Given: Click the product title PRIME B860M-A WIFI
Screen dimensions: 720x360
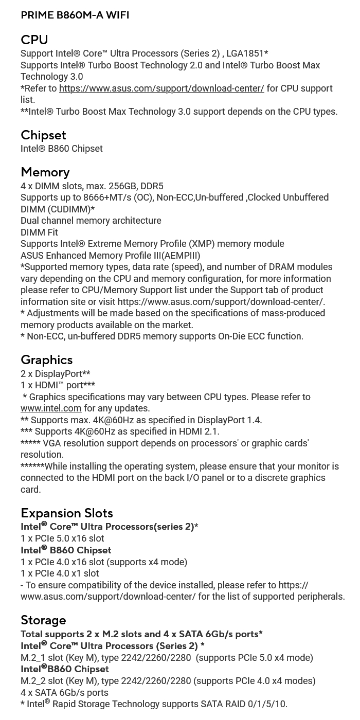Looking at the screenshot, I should click(x=75, y=15).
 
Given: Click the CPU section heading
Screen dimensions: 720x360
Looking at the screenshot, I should click(x=34, y=40).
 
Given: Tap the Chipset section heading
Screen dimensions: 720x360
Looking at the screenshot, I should click(x=43, y=135).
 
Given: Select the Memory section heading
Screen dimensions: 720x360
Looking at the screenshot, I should click(x=45, y=172).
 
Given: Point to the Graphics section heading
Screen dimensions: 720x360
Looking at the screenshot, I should click(x=46, y=359).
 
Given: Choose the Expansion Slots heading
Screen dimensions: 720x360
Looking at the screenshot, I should click(x=67, y=513).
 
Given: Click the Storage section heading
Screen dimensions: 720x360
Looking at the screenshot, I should click(x=43, y=620).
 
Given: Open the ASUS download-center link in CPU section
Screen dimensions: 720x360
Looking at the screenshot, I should click(x=161, y=88).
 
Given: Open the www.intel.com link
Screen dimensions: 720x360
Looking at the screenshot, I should click(x=51, y=408).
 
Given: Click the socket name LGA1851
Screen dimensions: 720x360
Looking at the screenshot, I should click(x=245, y=53).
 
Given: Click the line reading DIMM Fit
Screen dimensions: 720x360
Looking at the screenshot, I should click(x=39, y=232).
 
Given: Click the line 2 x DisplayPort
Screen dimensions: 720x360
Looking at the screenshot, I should click(x=55, y=374).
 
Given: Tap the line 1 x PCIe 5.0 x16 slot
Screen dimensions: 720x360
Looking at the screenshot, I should click(x=62, y=538).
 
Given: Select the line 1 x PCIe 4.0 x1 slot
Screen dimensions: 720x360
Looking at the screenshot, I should click(x=60, y=573).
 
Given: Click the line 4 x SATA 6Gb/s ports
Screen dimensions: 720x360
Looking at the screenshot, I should click(x=64, y=693).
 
